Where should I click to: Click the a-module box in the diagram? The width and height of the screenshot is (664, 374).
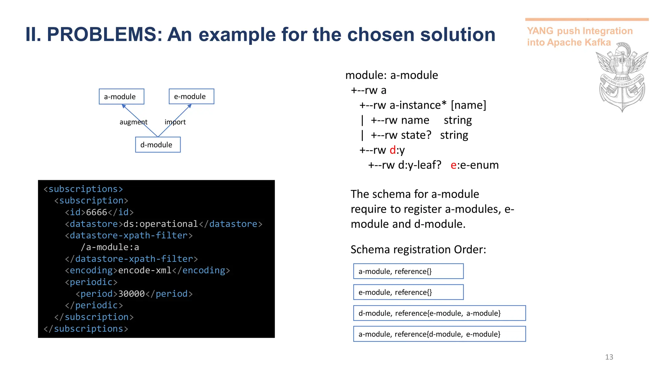point(121,96)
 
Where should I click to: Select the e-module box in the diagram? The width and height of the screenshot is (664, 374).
point(191,96)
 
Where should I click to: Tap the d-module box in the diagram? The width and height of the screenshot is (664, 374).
point(158,144)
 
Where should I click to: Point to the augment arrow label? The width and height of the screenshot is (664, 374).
point(133,122)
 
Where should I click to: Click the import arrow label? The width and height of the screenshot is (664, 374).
point(175,122)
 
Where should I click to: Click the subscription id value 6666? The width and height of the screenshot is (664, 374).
point(96,212)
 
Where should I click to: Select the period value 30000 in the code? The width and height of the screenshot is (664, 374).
point(131,294)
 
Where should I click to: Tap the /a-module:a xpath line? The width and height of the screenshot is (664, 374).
point(110,247)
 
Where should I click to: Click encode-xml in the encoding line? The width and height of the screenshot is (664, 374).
point(145,270)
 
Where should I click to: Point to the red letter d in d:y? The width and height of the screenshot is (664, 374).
point(393,150)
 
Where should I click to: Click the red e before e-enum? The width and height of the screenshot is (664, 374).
point(454,165)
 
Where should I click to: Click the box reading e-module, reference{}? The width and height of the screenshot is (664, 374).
point(408,292)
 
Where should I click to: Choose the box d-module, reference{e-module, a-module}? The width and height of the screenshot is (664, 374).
point(439,313)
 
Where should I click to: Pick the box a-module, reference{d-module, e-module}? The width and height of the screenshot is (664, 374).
point(439,334)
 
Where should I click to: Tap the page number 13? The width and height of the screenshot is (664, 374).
point(609,357)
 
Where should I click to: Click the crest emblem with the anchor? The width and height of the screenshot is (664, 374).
point(622,78)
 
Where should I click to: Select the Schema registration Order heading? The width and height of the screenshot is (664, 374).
point(418,250)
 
